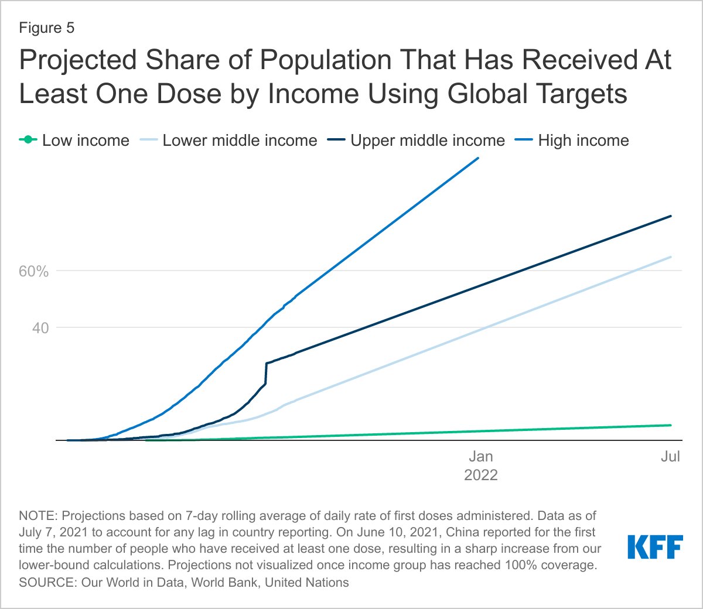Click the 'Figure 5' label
(47, 28)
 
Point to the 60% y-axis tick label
(33, 272)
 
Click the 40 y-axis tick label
(40, 328)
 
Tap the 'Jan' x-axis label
(480, 457)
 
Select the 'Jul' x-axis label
(670, 457)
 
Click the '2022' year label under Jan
(480, 475)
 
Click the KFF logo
(655, 546)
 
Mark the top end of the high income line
(478, 158)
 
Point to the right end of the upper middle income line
(671, 216)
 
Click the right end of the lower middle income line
(671, 257)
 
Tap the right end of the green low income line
(671, 425)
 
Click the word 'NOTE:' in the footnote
(38, 516)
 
